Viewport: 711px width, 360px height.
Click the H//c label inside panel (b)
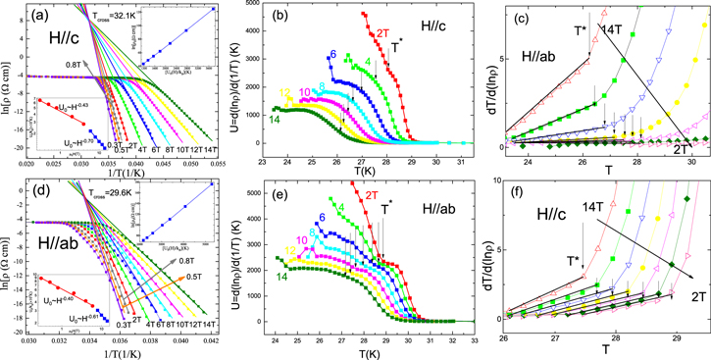tap(440, 21)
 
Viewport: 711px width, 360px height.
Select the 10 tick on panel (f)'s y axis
tap(499, 182)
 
